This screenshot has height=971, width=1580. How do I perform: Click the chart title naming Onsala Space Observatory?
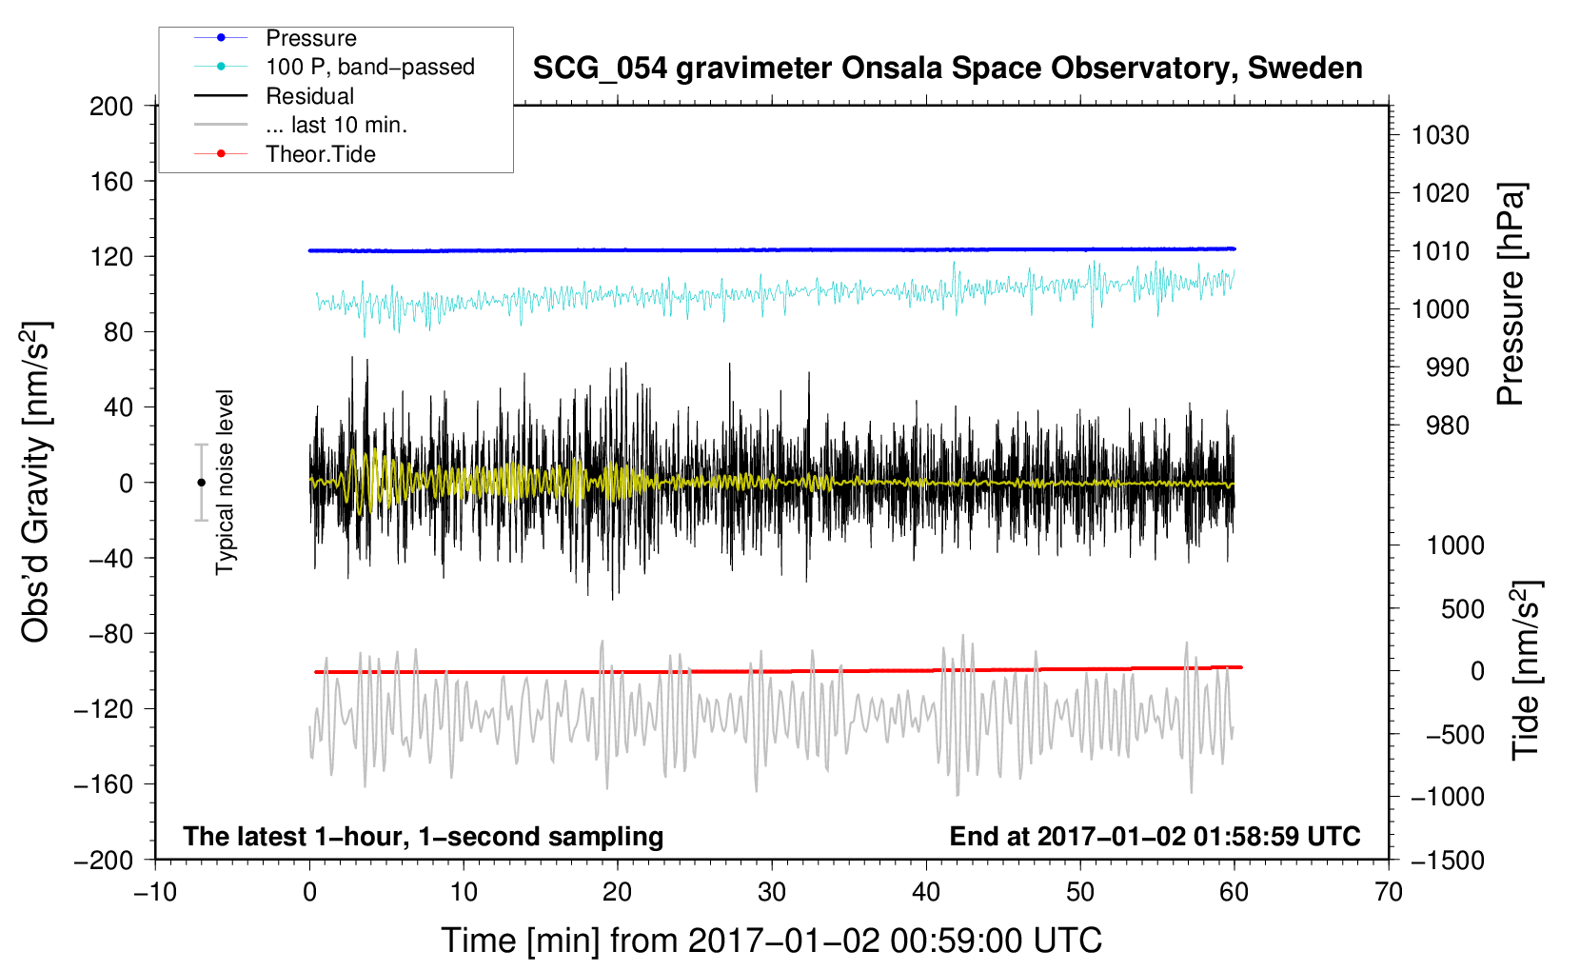947,69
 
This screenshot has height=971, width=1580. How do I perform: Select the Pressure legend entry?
310,38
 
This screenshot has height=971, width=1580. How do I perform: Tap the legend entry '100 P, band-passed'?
369,67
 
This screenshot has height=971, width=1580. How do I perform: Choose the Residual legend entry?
309,96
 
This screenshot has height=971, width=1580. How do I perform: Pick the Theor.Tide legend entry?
320,154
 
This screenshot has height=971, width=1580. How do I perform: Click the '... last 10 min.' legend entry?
336,125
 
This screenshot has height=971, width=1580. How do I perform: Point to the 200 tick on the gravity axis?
111,106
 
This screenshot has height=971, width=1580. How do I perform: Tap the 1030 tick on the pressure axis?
1440,135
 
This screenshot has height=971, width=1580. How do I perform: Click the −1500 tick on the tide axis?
1447,860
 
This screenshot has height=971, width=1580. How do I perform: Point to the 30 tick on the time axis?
772,892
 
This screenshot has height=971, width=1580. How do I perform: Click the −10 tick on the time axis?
155,892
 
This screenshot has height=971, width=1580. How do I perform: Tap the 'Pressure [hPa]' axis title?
1511,294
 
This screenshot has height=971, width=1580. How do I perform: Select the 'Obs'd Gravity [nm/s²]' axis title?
36,482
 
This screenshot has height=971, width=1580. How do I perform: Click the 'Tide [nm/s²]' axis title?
1526,669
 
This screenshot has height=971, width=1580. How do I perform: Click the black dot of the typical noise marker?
201,483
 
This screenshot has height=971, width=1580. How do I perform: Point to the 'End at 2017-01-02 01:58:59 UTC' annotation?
1155,836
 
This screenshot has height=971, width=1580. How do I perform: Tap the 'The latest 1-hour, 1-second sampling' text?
423,836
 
